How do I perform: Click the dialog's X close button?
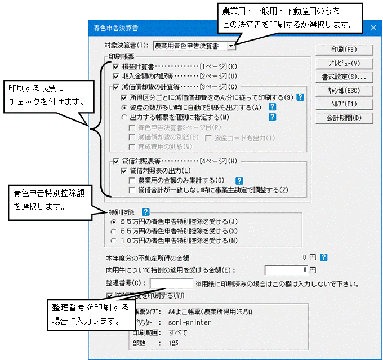click(372, 27)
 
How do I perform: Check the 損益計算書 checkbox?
click(116, 66)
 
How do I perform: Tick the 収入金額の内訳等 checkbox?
click(116, 75)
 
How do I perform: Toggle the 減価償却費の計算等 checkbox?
click(116, 87)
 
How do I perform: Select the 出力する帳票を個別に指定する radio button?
click(124, 117)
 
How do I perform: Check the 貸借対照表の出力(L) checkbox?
click(124, 170)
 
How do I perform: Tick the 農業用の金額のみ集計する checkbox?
click(132, 180)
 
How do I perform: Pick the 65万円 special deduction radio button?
click(115, 222)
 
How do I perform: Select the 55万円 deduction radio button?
click(115, 231)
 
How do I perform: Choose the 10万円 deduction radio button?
click(115, 240)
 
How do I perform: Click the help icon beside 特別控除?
click(145, 212)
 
